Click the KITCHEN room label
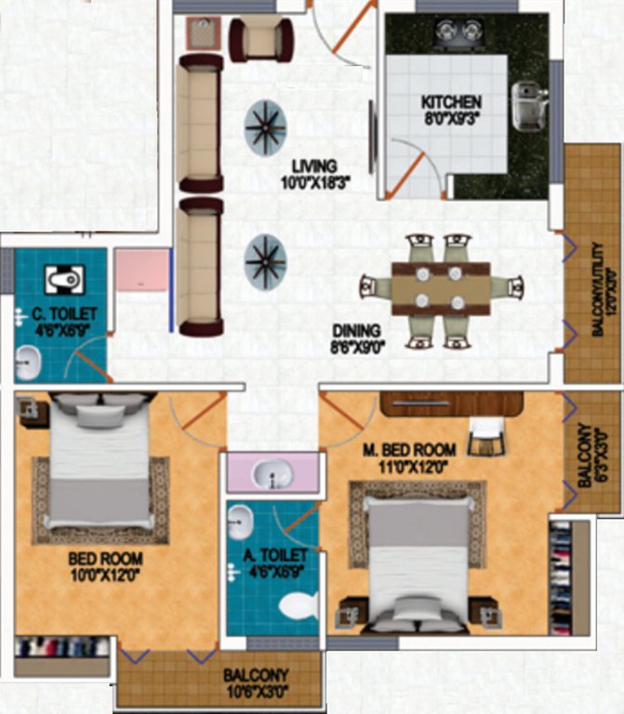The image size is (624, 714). pyautogui.click(x=451, y=101)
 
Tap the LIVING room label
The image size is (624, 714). pyautogui.click(x=314, y=166)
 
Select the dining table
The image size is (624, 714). pyautogui.click(x=441, y=288)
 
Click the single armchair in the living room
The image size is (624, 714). pyautogui.click(x=261, y=37)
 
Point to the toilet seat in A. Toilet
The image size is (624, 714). pyautogui.click(x=298, y=606)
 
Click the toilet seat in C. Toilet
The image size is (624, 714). pyautogui.click(x=63, y=278)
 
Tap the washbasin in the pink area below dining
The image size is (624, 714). pyautogui.click(x=272, y=475)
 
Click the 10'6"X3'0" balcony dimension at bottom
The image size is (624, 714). pyautogui.click(x=255, y=692)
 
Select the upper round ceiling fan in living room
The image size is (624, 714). pyautogui.click(x=266, y=128)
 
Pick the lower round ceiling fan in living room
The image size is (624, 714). pyautogui.click(x=266, y=261)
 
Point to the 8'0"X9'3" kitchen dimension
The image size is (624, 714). pyautogui.click(x=451, y=118)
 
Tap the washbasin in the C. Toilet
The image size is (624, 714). pyautogui.click(x=29, y=360)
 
